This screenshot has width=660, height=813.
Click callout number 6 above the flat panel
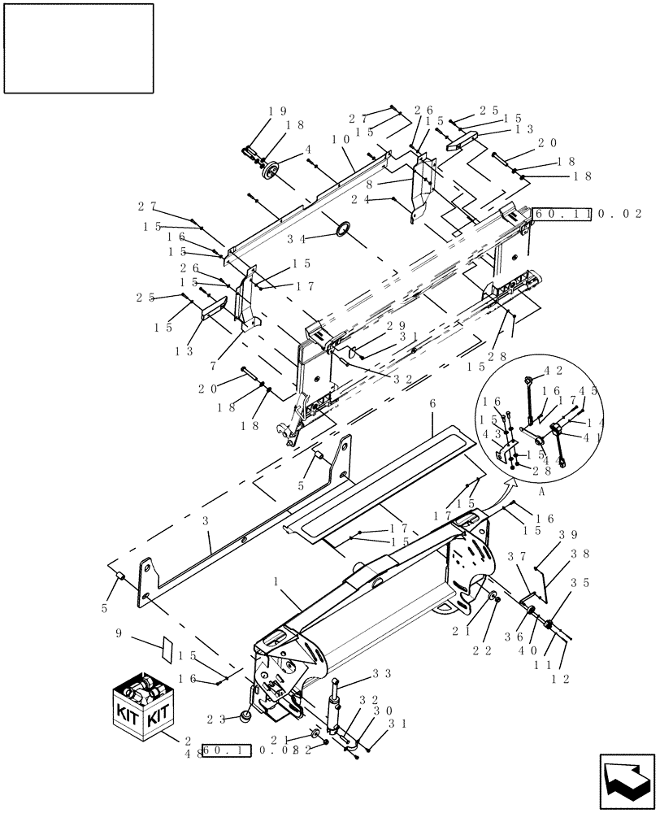pos(432,403)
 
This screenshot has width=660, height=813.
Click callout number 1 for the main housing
pos(277,582)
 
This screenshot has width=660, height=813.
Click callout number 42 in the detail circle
pos(558,370)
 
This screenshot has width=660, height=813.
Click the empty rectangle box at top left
pos(79,48)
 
